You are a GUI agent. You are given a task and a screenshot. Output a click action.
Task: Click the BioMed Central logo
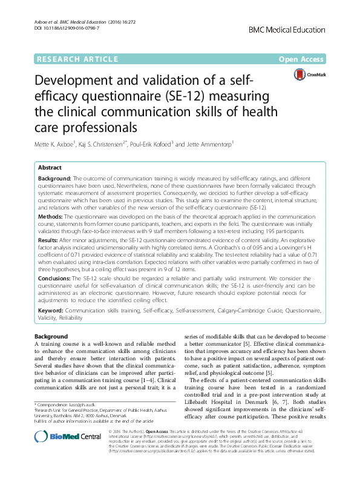(59, 454)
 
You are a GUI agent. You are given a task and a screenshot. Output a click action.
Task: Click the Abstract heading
(50, 167)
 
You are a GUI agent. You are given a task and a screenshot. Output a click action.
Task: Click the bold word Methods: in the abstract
(52, 215)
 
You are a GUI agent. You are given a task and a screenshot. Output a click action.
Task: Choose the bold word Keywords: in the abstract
(50, 310)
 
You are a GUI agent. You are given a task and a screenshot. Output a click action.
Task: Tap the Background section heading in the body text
(51, 336)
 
